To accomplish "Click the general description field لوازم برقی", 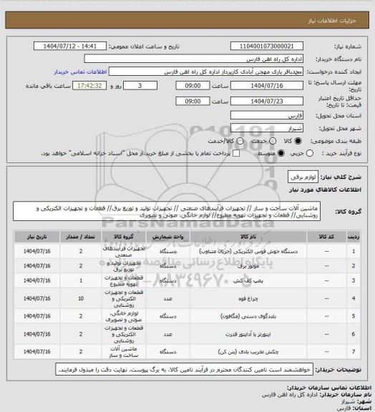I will click(x=295, y=175).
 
